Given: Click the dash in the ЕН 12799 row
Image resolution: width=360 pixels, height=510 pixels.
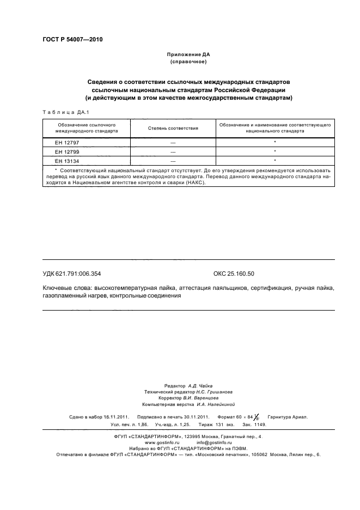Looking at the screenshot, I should tap(173, 151).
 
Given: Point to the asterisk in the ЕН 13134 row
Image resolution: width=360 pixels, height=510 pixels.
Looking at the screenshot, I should tap(275, 161).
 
